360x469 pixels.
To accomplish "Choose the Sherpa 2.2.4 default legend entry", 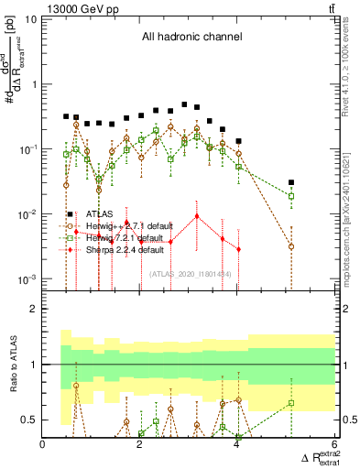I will pos(125,249).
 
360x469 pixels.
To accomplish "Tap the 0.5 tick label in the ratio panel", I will pos(29,420).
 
